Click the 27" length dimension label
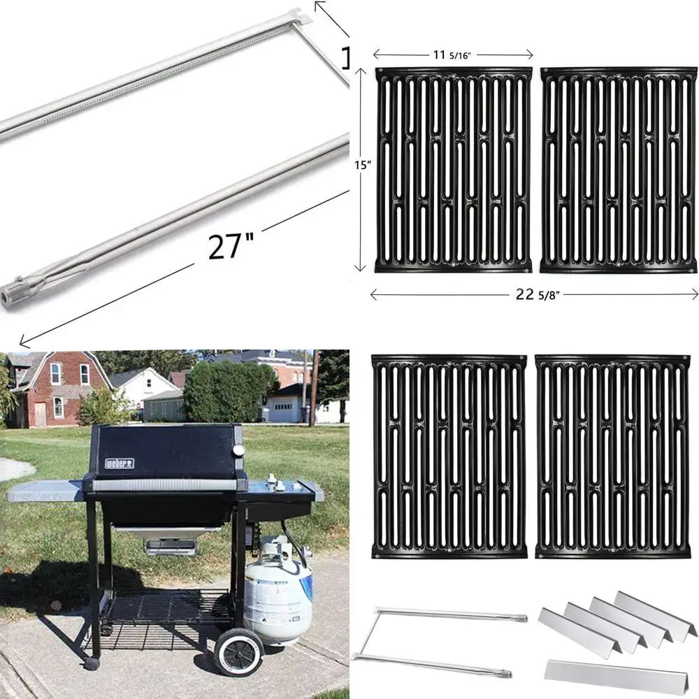(230, 246)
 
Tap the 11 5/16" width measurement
(452, 54)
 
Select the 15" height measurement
(361, 166)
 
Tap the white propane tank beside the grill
(278, 594)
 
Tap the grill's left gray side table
(45, 491)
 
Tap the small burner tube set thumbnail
(440, 640)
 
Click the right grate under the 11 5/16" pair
(619, 170)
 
